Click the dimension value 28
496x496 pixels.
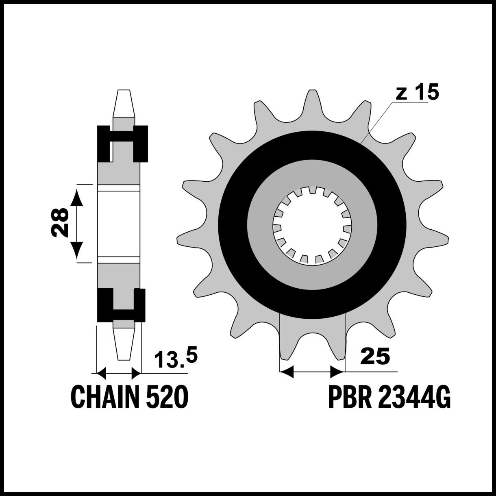60,223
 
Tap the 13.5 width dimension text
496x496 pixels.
176,357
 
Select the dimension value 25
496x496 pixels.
375,357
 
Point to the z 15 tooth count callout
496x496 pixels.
417,92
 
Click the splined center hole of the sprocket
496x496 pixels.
312,225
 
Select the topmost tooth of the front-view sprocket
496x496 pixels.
312,103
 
